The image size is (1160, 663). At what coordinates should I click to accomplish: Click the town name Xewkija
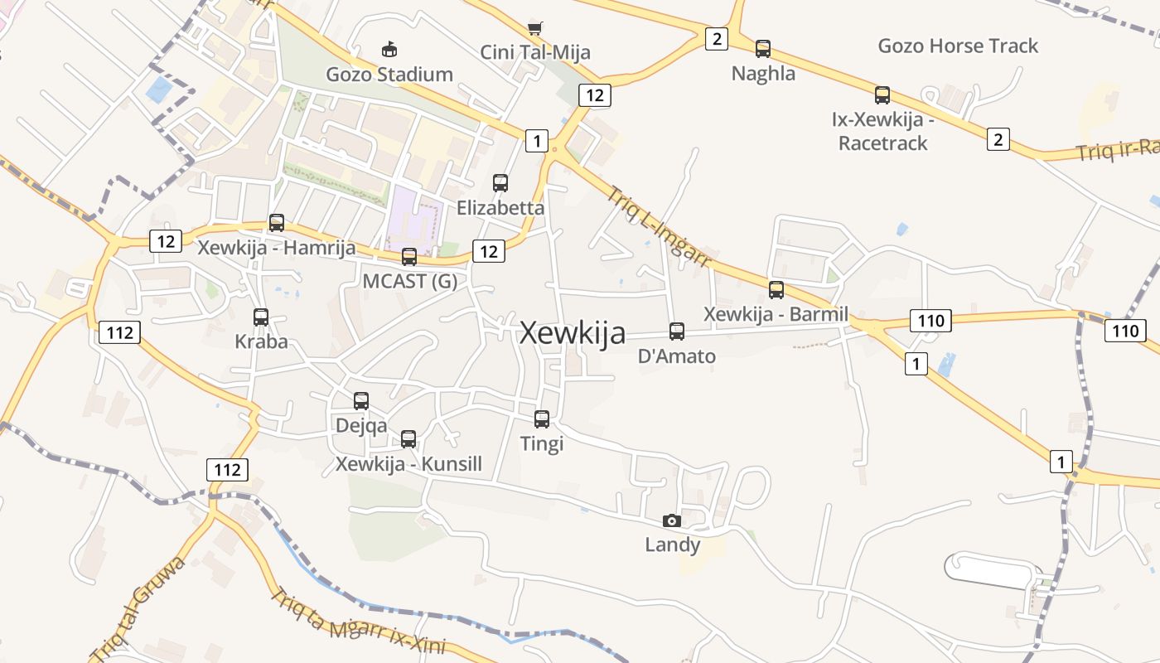click(572, 333)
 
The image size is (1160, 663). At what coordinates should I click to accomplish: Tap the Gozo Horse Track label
click(958, 46)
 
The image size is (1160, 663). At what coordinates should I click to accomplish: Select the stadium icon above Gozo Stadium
click(389, 50)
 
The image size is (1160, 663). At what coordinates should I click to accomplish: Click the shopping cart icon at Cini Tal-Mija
click(535, 29)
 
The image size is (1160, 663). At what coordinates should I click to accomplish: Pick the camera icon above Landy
click(672, 520)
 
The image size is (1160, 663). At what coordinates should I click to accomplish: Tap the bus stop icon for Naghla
click(763, 49)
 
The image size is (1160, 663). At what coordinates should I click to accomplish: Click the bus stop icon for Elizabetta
click(500, 183)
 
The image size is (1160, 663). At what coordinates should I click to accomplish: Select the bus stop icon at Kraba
click(261, 317)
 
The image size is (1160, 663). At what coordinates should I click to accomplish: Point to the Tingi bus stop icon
click(542, 419)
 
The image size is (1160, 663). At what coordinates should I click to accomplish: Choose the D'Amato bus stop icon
click(677, 331)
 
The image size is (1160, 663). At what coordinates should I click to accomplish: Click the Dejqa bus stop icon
click(361, 401)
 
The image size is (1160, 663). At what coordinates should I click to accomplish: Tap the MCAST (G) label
click(410, 281)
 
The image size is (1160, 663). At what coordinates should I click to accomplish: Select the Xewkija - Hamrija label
click(277, 247)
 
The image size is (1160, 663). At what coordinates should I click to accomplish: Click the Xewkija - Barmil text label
click(776, 314)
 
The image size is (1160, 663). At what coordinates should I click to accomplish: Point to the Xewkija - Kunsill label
click(408, 463)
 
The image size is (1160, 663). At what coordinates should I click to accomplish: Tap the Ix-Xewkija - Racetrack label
click(883, 131)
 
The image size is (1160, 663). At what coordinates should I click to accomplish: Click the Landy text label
click(673, 544)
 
